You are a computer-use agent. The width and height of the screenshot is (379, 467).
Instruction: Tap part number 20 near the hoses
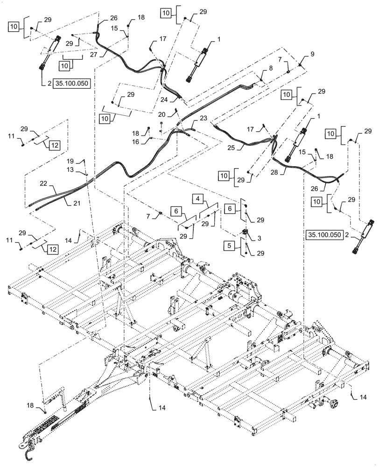(x=161, y=114)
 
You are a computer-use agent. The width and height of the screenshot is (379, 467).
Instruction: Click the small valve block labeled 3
(x=245, y=232)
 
